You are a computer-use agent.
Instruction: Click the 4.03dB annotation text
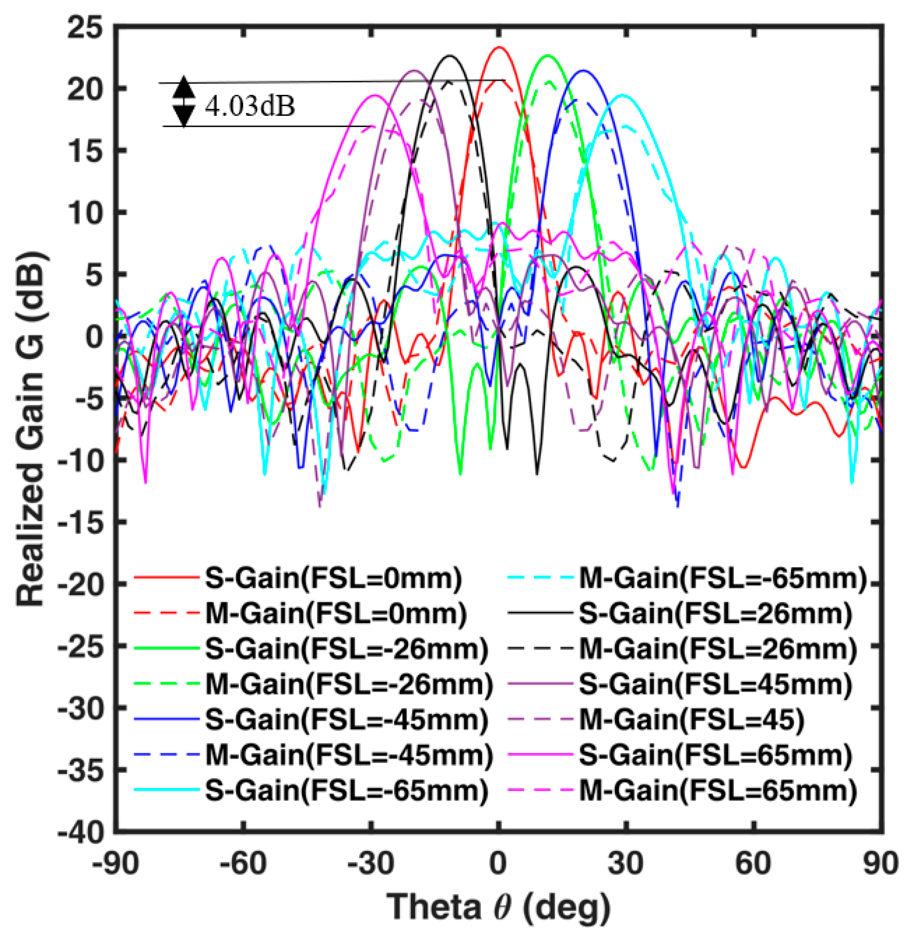pos(250,106)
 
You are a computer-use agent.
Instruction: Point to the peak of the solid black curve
pos(449,56)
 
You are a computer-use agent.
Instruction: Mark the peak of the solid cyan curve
pos(623,95)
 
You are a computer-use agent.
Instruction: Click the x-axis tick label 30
pos(625,863)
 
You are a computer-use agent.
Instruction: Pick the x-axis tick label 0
pos(498,863)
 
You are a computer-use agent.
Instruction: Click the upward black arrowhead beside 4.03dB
pos(183,88)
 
